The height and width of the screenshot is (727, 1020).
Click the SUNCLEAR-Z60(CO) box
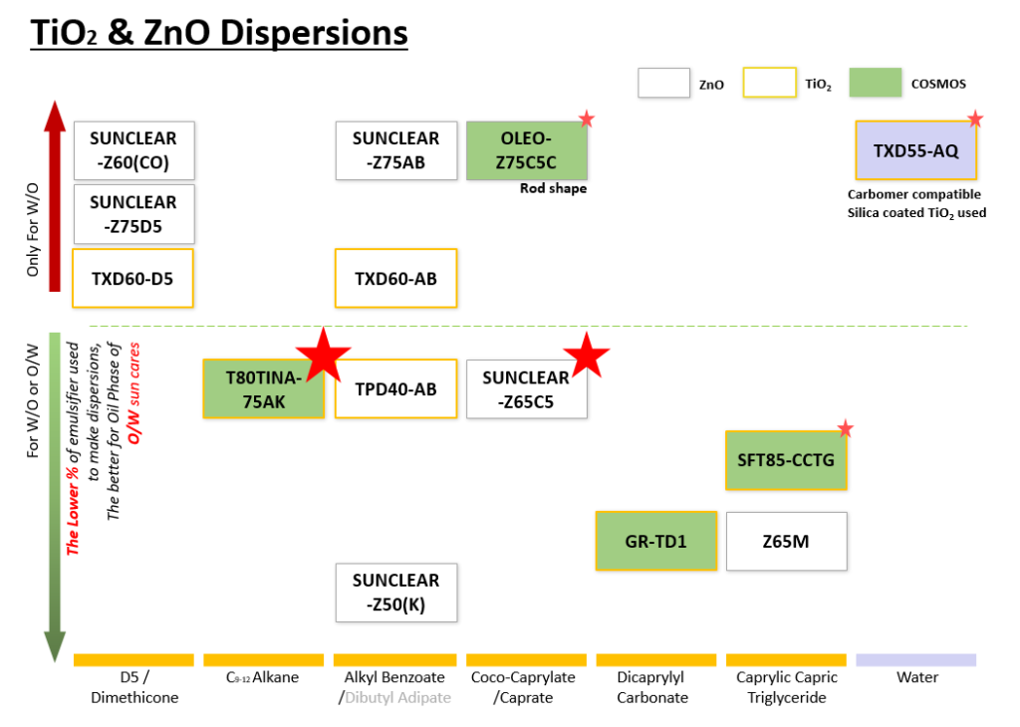tap(133, 150)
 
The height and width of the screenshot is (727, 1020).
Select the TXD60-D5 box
tap(132, 278)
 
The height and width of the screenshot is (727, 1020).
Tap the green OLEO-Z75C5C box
tap(527, 150)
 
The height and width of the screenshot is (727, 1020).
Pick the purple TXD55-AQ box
tap(916, 150)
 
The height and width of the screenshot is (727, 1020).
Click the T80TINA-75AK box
tap(263, 388)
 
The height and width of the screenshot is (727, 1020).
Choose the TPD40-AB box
tap(395, 388)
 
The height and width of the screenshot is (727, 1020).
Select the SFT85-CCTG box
tap(786, 460)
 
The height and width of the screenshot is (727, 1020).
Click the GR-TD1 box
tap(655, 541)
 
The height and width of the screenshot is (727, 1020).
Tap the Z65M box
tap(786, 541)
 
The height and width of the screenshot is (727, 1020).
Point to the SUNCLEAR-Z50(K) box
tap(395, 593)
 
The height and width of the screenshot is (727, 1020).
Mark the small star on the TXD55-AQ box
tap(974, 120)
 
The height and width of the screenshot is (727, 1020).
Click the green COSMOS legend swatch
tap(875, 84)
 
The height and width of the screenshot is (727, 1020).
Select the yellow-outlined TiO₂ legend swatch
tap(768, 84)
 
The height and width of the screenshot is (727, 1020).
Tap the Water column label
tap(916, 677)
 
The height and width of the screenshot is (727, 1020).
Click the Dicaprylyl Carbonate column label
tap(655, 687)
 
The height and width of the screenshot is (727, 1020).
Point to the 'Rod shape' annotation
tap(553, 188)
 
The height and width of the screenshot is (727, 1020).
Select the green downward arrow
tap(56, 498)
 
